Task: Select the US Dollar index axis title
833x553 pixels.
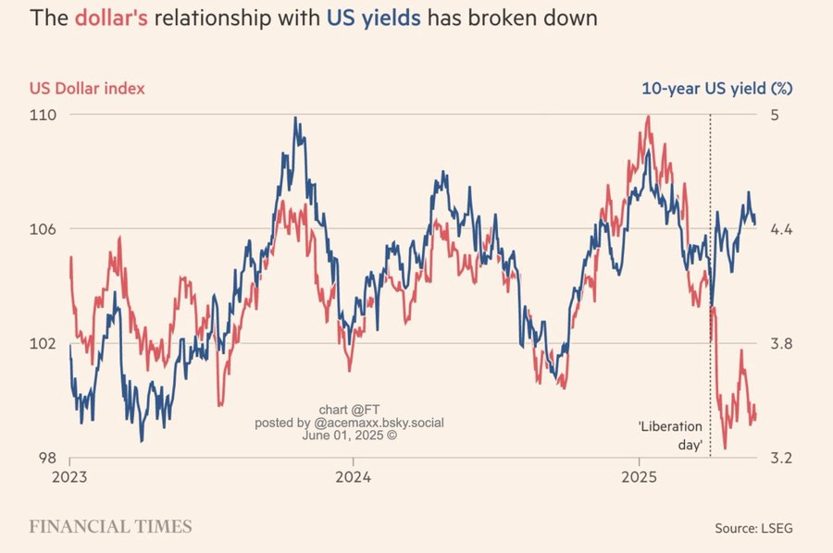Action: pos(88,89)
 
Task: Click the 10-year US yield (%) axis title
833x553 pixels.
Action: pos(718,89)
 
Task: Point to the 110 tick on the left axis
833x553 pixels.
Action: pos(44,115)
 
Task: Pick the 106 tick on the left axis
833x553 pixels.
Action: pos(44,229)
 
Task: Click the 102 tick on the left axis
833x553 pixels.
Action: pos(44,344)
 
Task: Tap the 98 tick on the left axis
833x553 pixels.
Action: pos(46,458)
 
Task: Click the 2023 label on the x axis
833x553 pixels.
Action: pos(70,479)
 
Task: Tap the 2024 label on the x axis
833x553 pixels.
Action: pos(353,479)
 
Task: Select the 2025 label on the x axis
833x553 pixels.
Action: pos(639,479)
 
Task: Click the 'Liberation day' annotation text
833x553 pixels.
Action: pos(671,436)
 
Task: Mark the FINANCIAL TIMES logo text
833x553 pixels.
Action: pos(111,526)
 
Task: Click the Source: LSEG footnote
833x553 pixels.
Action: pos(753,528)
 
